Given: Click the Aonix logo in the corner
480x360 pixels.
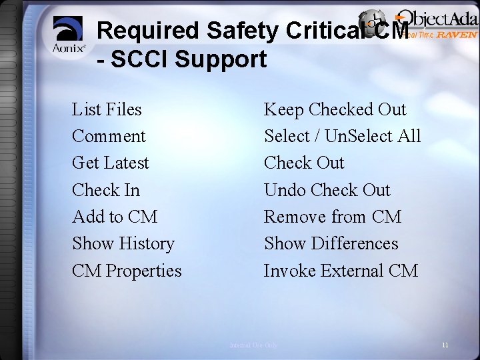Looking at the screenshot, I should tap(69, 36).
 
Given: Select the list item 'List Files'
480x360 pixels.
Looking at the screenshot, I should tap(107, 109).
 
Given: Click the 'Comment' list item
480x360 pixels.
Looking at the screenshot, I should tap(109, 136).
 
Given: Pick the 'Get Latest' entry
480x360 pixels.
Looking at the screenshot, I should tap(111, 163).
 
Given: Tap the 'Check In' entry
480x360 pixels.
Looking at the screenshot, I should tap(106, 190).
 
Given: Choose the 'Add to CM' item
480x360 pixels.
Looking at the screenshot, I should tap(115, 217).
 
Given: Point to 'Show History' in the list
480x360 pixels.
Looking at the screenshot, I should tap(123, 244).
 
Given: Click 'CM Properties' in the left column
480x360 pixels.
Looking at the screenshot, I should tap(127, 271).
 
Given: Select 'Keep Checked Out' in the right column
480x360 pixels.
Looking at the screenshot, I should tap(335, 109).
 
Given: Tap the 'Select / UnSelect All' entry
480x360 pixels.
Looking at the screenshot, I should tap(343, 136).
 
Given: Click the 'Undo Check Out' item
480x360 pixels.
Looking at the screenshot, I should tap(327, 190).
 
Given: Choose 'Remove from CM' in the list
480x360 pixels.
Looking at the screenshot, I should tap(333, 217).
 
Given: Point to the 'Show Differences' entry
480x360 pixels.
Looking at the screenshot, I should tap(331, 244).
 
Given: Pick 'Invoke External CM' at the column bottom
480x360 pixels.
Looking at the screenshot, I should tap(341, 271).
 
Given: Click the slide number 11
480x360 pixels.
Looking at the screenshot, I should tap(445, 345).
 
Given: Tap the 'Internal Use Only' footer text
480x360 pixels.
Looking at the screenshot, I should tap(253, 345).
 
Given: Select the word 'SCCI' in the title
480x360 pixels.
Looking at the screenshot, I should tap(149, 59).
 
